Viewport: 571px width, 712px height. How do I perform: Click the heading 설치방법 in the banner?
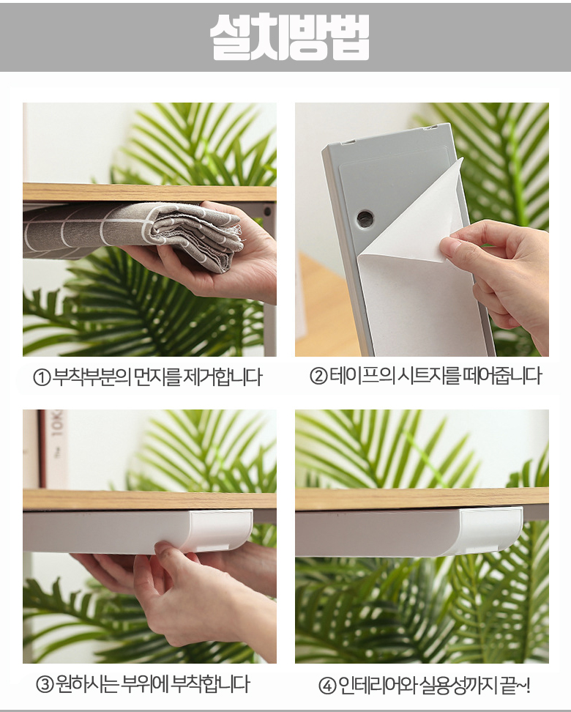pyautogui.click(x=289, y=37)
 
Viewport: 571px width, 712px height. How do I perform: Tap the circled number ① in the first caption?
pyautogui.click(x=42, y=377)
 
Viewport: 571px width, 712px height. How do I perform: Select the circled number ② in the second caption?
pyautogui.click(x=318, y=376)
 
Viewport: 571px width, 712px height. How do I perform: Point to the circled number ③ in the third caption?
pyautogui.click(x=45, y=684)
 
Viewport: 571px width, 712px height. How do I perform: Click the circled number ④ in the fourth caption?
pyautogui.click(x=327, y=686)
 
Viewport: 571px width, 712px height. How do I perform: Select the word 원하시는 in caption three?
pyautogui.click(x=87, y=684)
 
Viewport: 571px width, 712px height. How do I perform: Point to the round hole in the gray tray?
pyautogui.click(x=365, y=218)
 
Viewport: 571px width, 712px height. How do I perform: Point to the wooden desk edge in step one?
pyautogui.click(x=149, y=192)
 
